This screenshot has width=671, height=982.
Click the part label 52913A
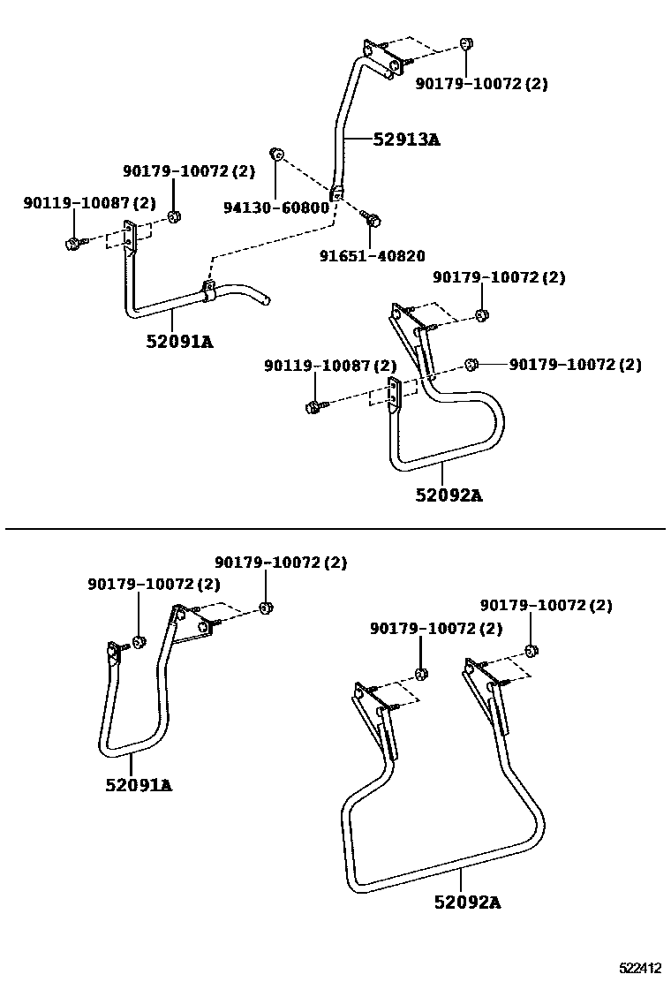405,139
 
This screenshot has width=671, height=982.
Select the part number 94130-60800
275,208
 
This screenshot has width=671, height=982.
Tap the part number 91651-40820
372,256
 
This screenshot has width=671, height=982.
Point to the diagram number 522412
641,968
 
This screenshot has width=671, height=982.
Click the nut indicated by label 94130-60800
275,155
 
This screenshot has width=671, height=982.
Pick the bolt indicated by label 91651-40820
373,216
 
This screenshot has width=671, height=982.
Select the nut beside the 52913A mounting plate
466,45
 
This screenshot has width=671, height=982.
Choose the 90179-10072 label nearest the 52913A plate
482,84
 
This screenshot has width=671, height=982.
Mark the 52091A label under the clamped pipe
180,342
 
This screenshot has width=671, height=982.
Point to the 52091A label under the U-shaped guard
139,784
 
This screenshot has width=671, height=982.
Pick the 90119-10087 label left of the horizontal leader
329,366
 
